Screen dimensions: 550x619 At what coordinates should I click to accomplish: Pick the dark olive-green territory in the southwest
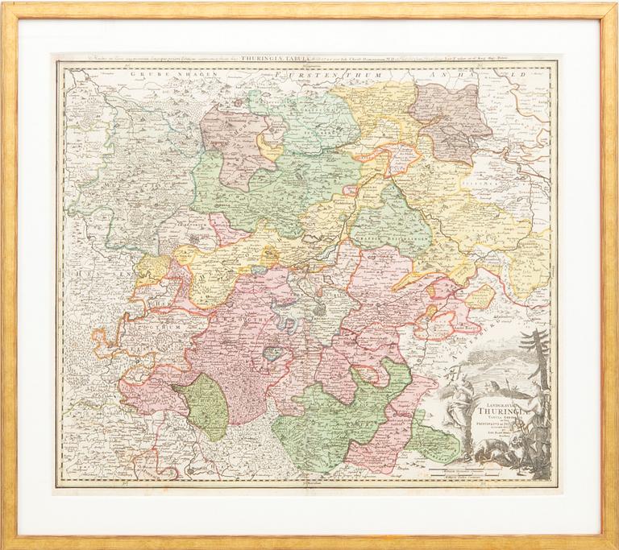[204, 407]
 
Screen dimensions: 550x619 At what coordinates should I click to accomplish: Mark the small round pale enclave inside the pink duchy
[275, 353]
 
